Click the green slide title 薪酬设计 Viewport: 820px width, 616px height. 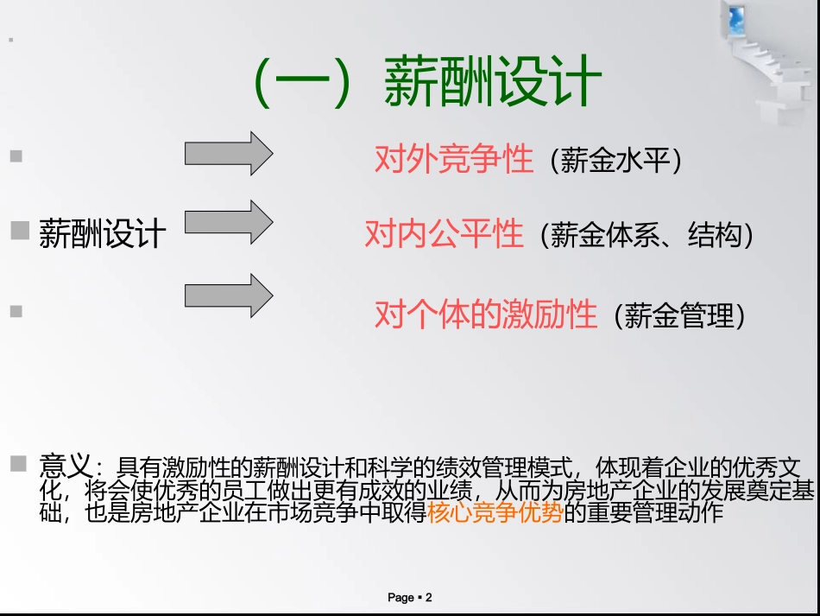coord(492,84)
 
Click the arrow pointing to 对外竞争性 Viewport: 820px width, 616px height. coord(229,154)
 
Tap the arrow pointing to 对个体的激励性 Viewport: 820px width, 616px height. coord(229,295)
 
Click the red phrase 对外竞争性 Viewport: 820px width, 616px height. coord(453,159)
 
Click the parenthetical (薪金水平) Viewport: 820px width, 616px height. coord(615,162)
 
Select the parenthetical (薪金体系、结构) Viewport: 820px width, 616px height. coord(646,236)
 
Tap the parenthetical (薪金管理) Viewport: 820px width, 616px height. coord(678,316)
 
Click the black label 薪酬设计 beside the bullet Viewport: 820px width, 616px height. coord(102,234)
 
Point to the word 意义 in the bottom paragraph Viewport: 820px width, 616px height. coord(65,467)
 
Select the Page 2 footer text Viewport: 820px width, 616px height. coord(409,597)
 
